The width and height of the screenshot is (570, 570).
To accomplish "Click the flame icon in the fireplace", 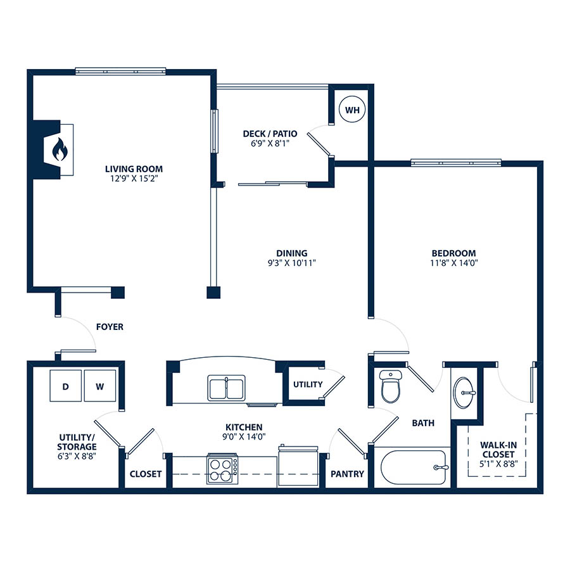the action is point(60,149).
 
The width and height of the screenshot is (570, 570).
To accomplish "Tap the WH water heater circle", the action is point(352,110).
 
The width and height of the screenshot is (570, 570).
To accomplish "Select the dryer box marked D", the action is point(65,386).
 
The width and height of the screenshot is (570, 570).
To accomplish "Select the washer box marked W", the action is point(100,386).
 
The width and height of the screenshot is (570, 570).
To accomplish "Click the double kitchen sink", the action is point(227,388).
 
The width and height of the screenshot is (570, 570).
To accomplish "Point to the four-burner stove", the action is point(222,469).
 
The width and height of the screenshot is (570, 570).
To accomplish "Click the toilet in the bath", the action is point(390,386).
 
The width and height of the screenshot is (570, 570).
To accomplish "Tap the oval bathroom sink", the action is point(464,393).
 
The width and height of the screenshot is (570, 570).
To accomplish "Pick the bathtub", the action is point(413,467).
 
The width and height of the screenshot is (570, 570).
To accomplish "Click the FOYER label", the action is point(110,327).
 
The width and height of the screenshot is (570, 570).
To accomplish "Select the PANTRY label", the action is point(347,474).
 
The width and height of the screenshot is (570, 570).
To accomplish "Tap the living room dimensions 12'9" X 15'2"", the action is point(134,179).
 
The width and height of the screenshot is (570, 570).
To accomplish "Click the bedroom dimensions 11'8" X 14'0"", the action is point(453,263).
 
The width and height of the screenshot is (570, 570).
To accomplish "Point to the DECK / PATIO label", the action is point(270,134).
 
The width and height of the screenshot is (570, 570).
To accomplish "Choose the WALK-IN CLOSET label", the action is point(498,450).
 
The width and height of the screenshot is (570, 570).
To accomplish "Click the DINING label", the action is point(292,253).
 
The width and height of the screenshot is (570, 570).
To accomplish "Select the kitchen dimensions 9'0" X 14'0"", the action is point(244,436).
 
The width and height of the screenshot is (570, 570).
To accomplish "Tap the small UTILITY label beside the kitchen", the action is point(308,384).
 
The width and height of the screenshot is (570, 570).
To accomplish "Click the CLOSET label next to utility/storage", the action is point(146,474).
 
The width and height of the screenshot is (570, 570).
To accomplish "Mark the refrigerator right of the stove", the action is point(298,466).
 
